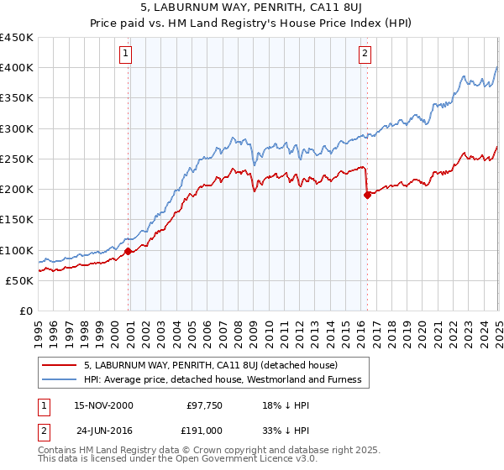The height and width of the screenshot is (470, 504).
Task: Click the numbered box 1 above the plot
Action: pos(124,55)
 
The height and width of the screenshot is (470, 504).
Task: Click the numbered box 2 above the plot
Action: pos(365,55)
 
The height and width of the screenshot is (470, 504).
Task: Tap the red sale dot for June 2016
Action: pos(367,195)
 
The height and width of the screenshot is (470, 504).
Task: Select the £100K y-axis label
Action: pos(17,250)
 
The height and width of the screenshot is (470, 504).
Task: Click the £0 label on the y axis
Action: pos(25,311)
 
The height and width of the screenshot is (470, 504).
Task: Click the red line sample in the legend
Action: pos(58,365)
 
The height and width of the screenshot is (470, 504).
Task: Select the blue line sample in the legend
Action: pos(58,379)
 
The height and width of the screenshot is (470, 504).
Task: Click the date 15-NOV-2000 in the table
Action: pos(103,405)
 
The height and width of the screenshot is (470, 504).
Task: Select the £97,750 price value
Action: pos(202,405)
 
